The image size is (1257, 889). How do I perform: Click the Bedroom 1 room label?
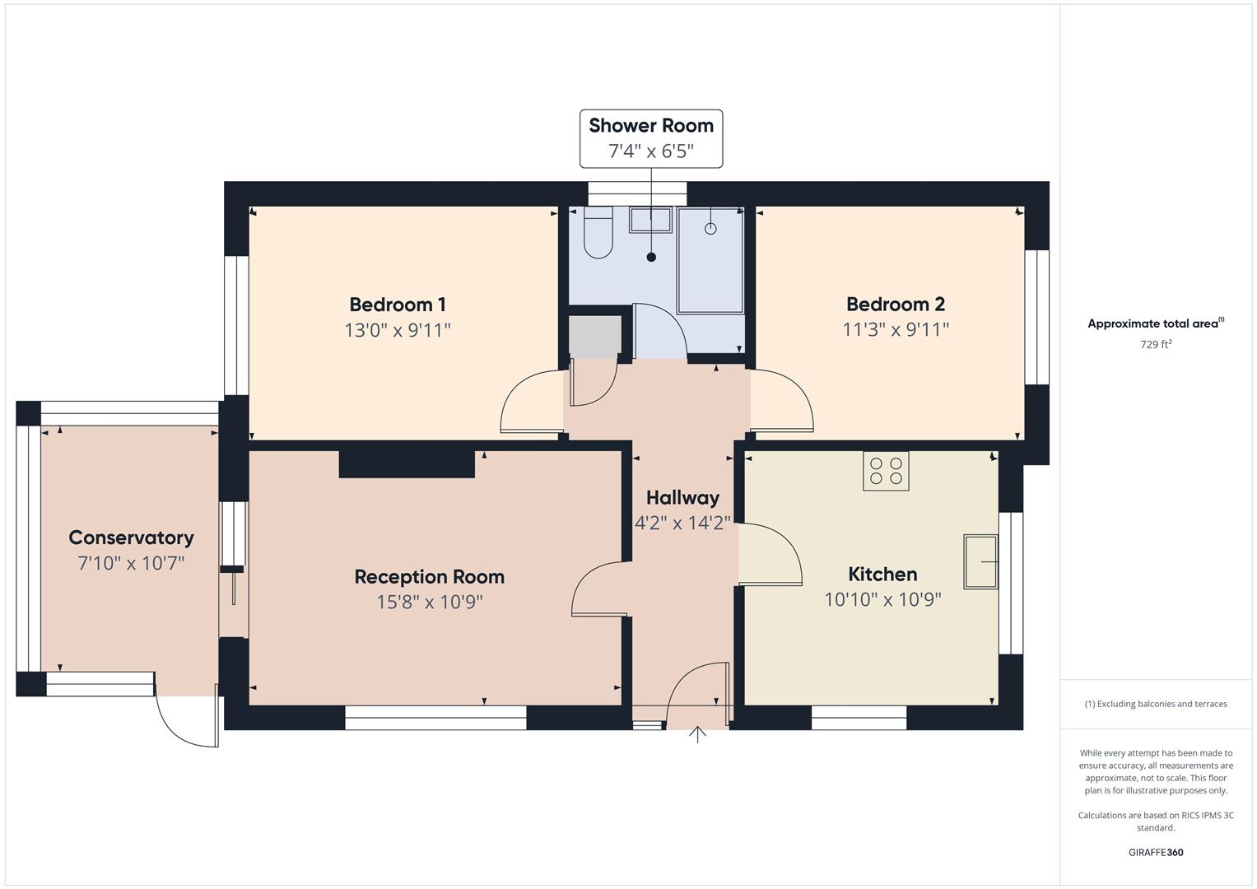[397, 305]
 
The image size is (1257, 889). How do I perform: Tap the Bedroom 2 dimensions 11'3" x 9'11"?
[895, 329]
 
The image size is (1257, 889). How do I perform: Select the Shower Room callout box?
[651, 138]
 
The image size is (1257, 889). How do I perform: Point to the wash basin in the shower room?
[650, 220]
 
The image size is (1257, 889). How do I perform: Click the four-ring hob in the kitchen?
[886, 471]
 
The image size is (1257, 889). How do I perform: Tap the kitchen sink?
[980, 561]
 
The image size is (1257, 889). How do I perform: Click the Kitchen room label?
[882, 574]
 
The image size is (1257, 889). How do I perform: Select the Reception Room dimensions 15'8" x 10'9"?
[429, 602]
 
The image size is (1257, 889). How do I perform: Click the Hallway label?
[682, 497]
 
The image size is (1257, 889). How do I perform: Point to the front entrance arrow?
[697, 734]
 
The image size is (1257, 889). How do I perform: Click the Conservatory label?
[131, 538]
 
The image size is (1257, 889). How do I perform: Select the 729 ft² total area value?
[1155, 345]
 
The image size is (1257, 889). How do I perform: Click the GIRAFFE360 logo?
[1155, 852]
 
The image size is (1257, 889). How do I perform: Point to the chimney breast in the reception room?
[407, 463]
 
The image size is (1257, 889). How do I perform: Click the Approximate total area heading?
[1155, 323]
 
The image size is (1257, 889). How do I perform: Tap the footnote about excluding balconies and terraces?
[1155, 704]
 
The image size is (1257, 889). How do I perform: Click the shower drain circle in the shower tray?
[710, 229]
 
